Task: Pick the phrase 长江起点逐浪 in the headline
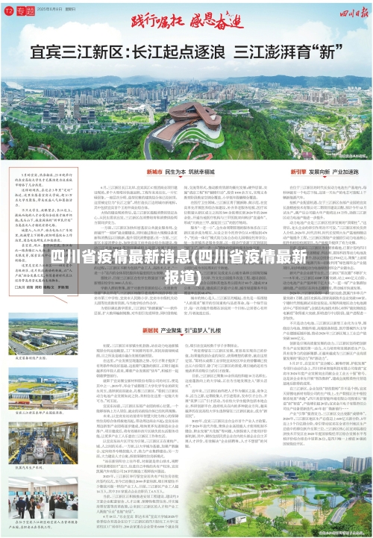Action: [178, 54]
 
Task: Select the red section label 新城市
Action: [110, 170]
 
